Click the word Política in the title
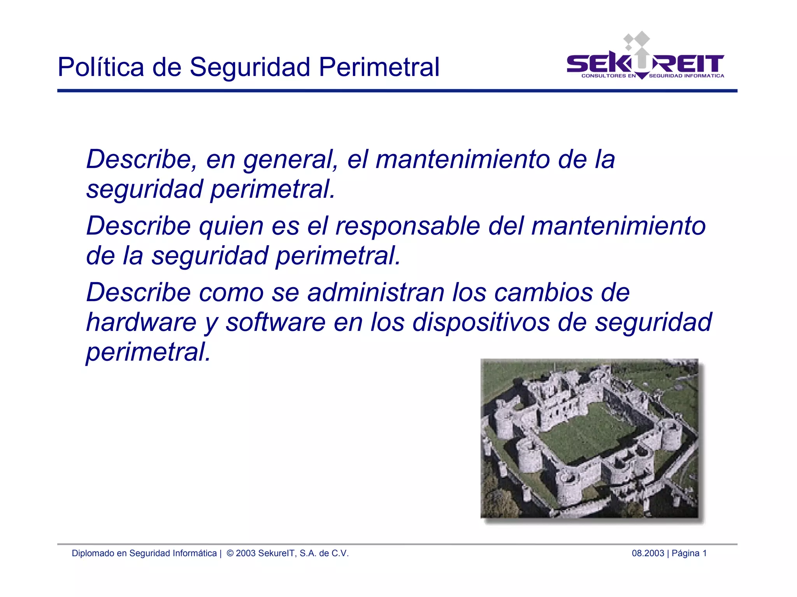pyautogui.click(x=101, y=67)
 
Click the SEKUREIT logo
pyautogui.click(x=645, y=62)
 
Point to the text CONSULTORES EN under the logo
pyautogui.click(x=608, y=76)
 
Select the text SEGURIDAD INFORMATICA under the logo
pyautogui.click(x=686, y=76)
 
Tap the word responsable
pyautogui.click(x=407, y=226)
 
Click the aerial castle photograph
pyautogui.click(x=589, y=439)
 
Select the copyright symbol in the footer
pyautogui.click(x=230, y=553)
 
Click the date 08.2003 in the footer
pyautogui.click(x=648, y=553)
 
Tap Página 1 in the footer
pyautogui.click(x=689, y=553)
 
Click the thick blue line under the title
pyautogui.click(x=397, y=91)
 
